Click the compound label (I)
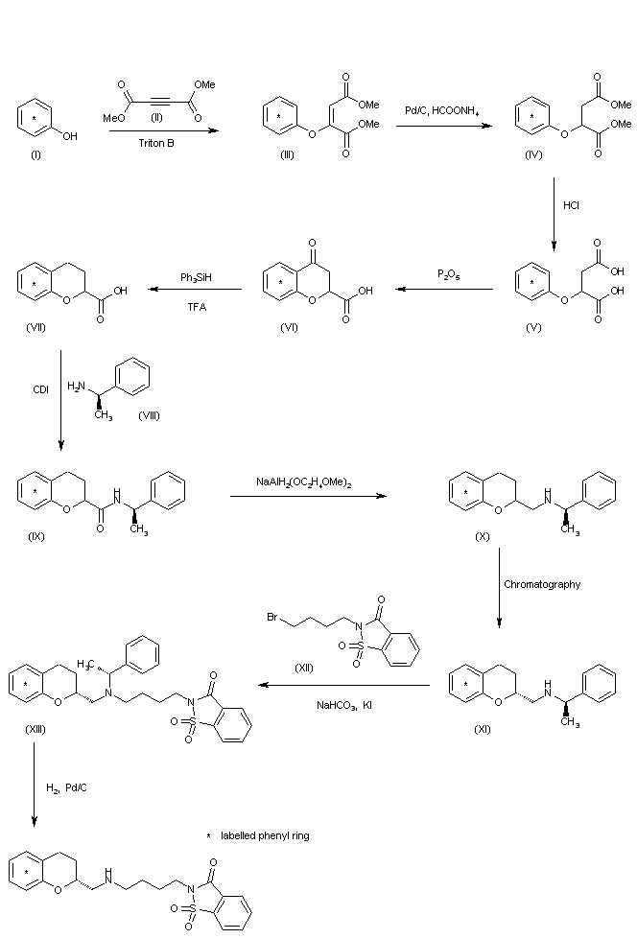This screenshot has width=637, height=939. coord(35,156)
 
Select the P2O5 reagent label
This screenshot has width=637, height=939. coord(447,275)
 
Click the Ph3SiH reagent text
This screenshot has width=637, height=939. coord(196,277)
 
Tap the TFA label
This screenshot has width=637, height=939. coord(197,306)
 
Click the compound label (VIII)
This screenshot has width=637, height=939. coord(151,415)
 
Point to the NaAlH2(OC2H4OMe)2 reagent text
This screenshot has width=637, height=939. coord(303,483)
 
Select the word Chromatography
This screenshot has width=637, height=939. coord(542,584)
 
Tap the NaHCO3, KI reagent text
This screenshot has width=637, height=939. coord(344,705)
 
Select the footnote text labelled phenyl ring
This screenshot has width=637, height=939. coord(265,835)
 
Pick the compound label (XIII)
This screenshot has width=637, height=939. coord(35,729)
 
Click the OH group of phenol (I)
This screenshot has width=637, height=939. coord(71,136)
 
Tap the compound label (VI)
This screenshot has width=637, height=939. coord(289,326)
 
